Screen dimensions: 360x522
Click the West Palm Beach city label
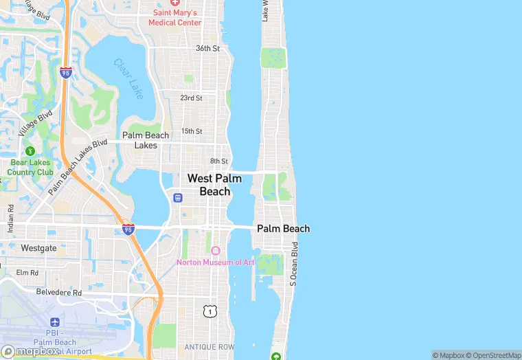click(x=214, y=185)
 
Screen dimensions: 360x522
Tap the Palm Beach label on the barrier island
click(x=283, y=229)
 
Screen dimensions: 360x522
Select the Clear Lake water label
click(x=128, y=76)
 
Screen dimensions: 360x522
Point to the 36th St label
click(x=207, y=49)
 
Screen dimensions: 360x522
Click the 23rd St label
click(x=191, y=98)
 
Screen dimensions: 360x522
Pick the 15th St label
click(x=191, y=131)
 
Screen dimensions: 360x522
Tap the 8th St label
click(x=218, y=161)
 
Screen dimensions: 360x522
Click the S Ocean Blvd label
click(x=294, y=264)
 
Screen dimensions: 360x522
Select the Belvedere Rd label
click(x=60, y=292)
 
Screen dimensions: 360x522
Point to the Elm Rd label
click(x=27, y=273)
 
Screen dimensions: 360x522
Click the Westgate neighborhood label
click(x=38, y=247)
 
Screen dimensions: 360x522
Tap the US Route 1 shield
click(x=209, y=312)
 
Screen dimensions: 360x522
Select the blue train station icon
click(x=178, y=198)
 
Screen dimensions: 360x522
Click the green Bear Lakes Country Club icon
click(x=30, y=150)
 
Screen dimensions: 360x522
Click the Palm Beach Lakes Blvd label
click(x=78, y=167)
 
